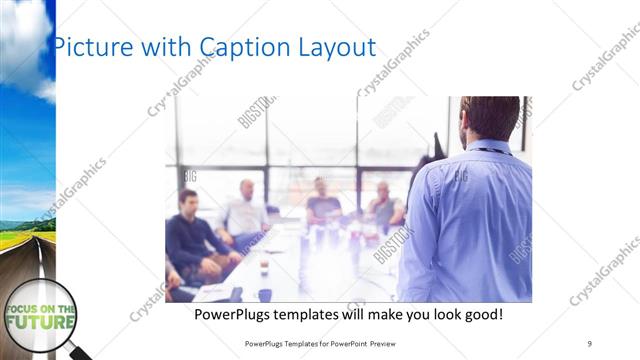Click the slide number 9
589,343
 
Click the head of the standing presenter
490,118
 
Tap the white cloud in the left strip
24,40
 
